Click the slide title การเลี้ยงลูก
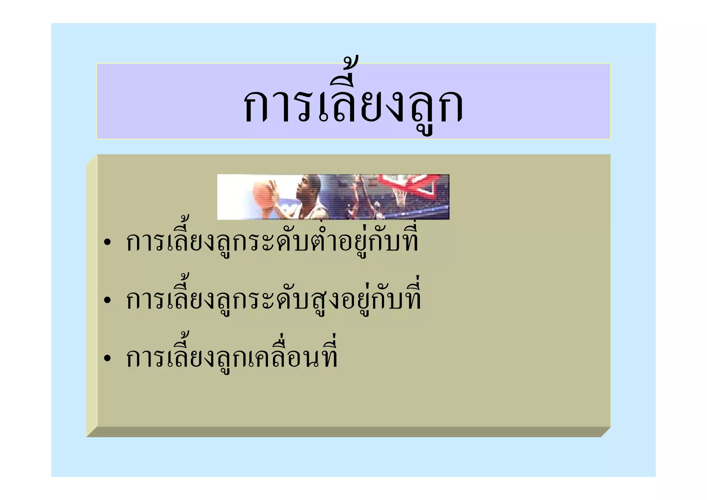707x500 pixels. (x=353, y=104)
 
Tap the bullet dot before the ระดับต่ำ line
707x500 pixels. (x=108, y=243)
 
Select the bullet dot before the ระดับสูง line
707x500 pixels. (x=108, y=300)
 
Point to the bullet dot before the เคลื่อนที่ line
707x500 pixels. (x=108, y=358)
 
